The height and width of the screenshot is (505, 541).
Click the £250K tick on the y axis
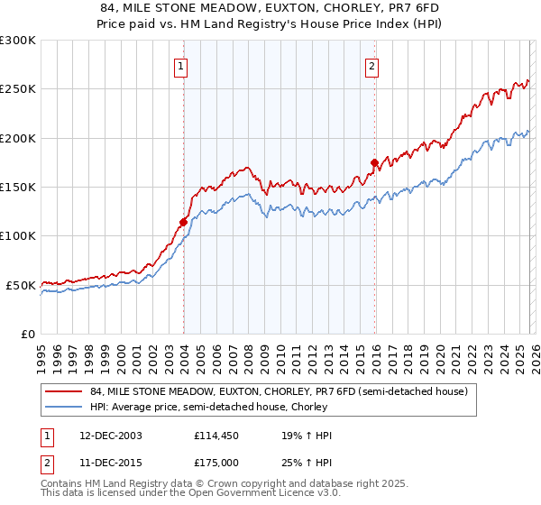coord(18,89)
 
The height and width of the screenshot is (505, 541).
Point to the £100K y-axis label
coord(18,236)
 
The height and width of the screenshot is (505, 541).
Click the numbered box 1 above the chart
coord(182,65)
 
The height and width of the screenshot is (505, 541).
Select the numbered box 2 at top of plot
coord(372,65)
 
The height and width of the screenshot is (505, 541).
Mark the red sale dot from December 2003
coord(183,221)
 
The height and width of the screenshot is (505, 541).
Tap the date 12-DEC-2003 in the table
coord(105,436)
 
